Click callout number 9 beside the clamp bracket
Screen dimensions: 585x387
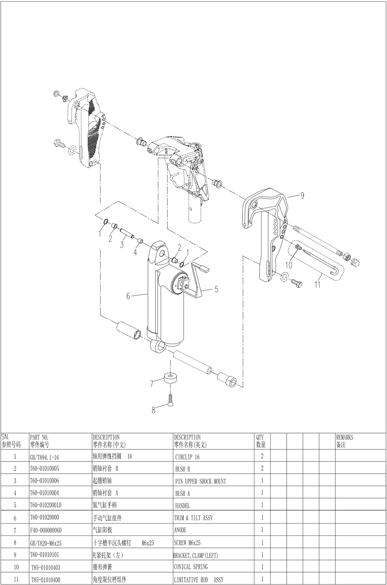302,195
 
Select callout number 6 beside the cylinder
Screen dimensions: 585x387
128,296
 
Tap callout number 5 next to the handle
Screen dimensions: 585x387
216,290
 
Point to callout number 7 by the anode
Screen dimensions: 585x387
152,384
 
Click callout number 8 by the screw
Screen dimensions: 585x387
153,410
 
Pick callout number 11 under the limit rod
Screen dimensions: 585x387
318,285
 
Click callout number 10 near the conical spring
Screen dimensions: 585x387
289,265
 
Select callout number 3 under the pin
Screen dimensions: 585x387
122,245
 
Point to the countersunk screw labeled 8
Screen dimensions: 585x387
170,399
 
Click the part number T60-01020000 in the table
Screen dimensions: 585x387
44,518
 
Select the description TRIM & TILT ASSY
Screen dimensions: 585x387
193,518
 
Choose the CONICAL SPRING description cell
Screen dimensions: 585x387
191,567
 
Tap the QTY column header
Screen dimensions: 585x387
261,441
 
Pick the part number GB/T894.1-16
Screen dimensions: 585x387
44,457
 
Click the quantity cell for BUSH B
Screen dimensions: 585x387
262,469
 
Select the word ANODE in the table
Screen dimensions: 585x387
180,530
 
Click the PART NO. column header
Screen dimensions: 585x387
39,441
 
